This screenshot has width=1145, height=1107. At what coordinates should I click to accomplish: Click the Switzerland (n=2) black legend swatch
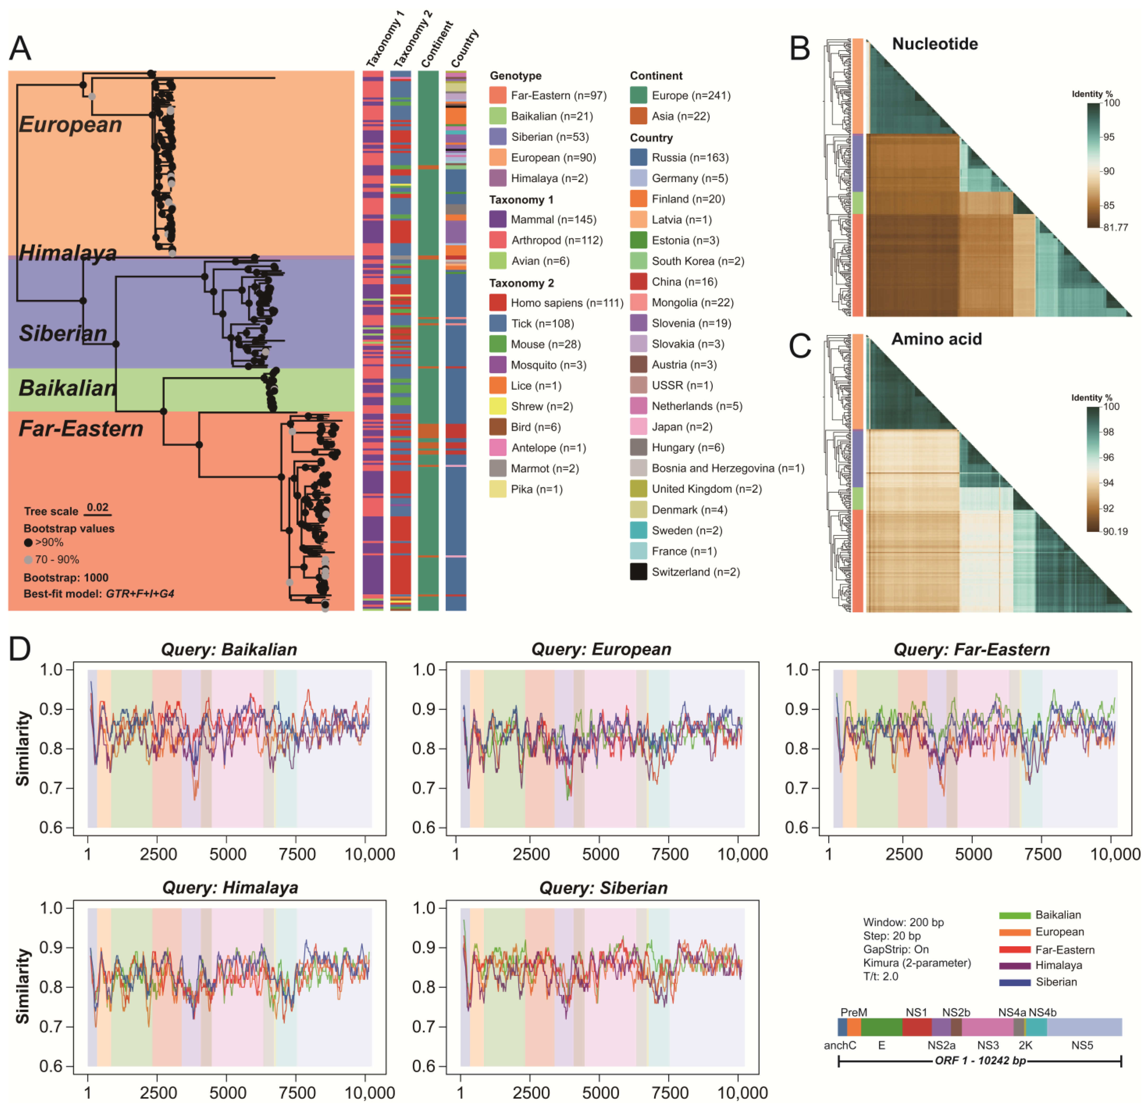638,572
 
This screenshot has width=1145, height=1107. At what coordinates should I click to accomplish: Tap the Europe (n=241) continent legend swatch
638,95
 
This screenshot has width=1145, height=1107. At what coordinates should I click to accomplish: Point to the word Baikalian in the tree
67,388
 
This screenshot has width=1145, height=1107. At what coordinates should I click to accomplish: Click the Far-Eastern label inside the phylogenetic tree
81,429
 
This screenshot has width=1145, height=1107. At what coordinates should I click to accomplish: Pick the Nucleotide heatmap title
935,44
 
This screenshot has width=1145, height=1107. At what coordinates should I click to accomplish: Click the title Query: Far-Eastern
972,650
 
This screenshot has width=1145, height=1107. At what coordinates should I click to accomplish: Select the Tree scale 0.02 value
97,507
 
